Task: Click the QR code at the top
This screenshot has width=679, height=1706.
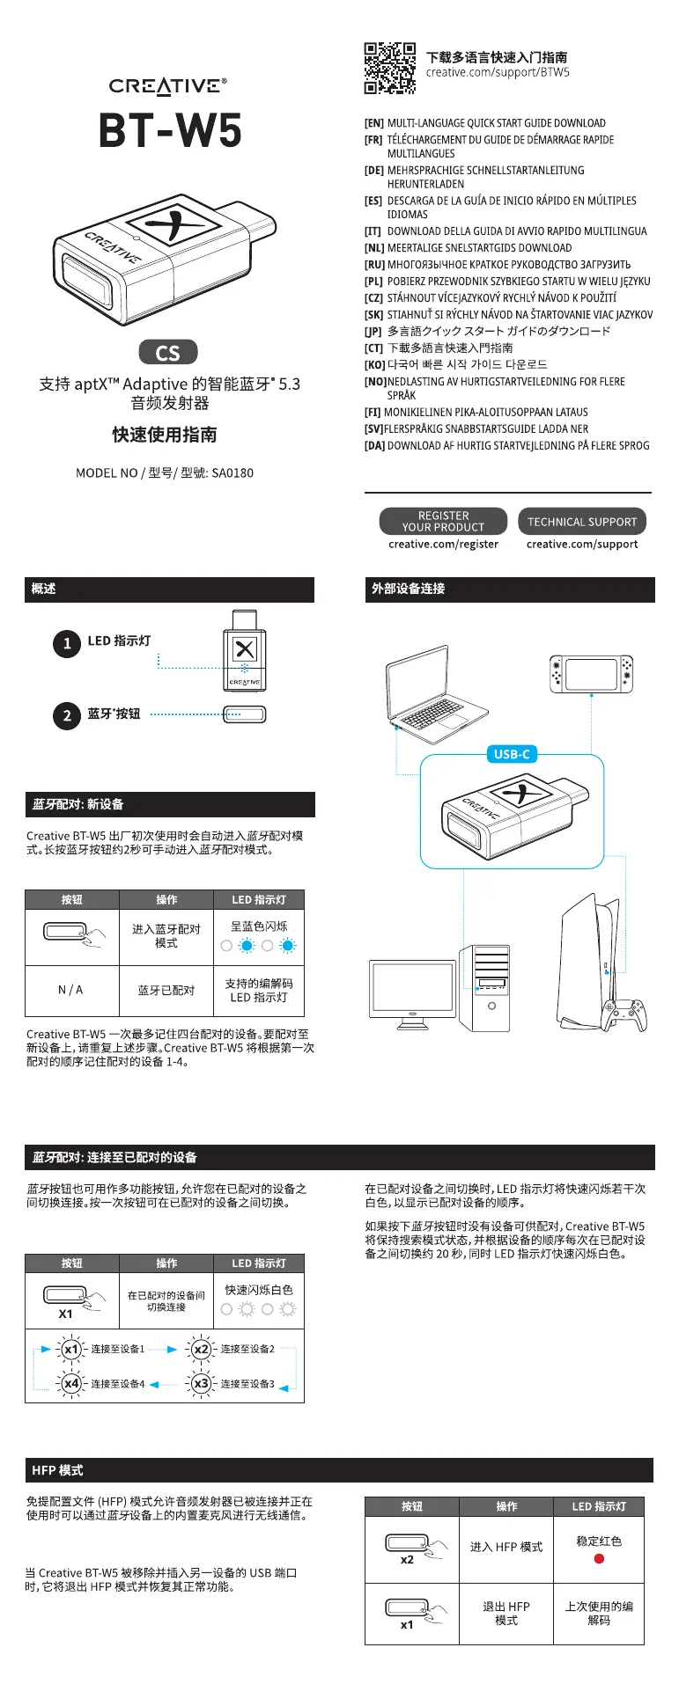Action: pyautogui.click(x=390, y=68)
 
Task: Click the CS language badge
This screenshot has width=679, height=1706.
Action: pyautogui.click(x=168, y=353)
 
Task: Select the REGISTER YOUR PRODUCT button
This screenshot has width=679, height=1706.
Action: pyautogui.click(x=443, y=522)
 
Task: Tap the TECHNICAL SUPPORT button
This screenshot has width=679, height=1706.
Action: pyautogui.click(x=582, y=522)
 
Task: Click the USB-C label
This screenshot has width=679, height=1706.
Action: pyautogui.click(x=512, y=754)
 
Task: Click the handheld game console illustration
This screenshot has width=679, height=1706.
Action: pyautogui.click(x=591, y=674)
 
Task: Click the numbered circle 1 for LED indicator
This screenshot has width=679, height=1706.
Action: pyautogui.click(x=67, y=643)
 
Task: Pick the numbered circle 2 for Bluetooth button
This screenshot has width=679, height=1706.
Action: pyautogui.click(x=67, y=715)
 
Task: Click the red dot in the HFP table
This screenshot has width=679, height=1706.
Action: pyautogui.click(x=599, y=1558)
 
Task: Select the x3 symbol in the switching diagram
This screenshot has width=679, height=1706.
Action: pyautogui.click(x=202, y=1384)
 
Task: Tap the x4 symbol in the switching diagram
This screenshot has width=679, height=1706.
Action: pyautogui.click(x=71, y=1384)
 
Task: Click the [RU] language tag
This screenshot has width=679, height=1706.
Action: pyautogui.click(x=374, y=265)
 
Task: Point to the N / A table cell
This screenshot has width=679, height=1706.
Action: pyautogui.click(x=70, y=991)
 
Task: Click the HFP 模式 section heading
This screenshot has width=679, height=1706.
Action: pyautogui.click(x=57, y=1470)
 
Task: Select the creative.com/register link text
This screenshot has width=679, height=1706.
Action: pyautogui.click(x=443, y=545)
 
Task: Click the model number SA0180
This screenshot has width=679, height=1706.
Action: pyautogui.click(x=232, y=473)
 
